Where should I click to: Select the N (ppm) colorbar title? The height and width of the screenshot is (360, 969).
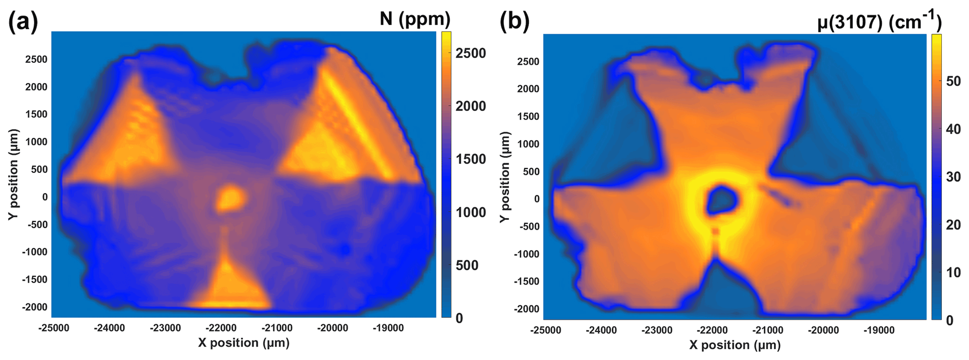[415, 19]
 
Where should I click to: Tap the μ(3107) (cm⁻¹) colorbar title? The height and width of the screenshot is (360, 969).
[879, 21]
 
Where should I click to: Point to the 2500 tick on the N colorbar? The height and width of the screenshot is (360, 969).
[471, 53]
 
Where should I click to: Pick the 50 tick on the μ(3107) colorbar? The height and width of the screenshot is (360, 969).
[953, 81]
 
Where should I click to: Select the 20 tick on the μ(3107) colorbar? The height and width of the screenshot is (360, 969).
[953, 225]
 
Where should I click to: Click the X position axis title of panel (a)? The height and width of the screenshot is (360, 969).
[243, 343]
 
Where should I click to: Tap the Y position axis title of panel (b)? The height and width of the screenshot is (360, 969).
[504, 177]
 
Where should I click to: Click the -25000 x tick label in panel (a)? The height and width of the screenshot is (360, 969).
[53, 328]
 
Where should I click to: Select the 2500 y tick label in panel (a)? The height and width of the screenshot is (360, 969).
[36, 60]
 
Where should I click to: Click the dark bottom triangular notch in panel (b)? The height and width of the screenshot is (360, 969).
[715, 291]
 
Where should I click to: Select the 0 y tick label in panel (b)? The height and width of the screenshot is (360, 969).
[536, 199]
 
